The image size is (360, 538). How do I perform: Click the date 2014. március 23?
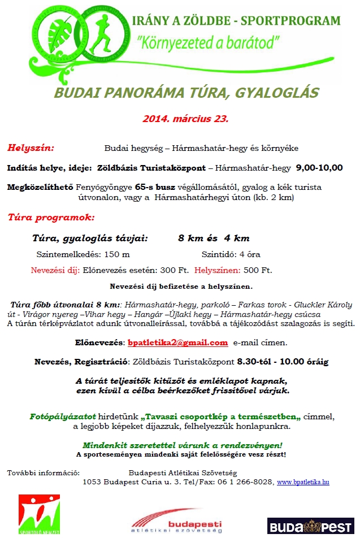[x=185, y=119]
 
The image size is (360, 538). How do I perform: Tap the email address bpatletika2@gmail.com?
[x=177, y=342]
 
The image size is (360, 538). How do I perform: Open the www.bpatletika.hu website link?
[x=303, y=482]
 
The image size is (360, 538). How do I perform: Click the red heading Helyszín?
[x=31, y=148]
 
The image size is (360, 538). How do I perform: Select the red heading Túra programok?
[x=51, y=216]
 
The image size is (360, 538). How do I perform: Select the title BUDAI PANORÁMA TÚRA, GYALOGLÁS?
[x=186, y=93]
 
